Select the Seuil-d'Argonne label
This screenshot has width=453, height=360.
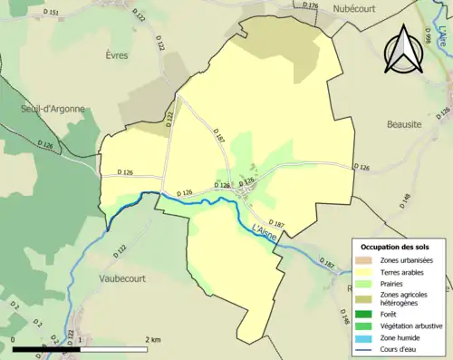[53, 109]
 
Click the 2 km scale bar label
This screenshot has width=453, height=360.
[152, 339]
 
